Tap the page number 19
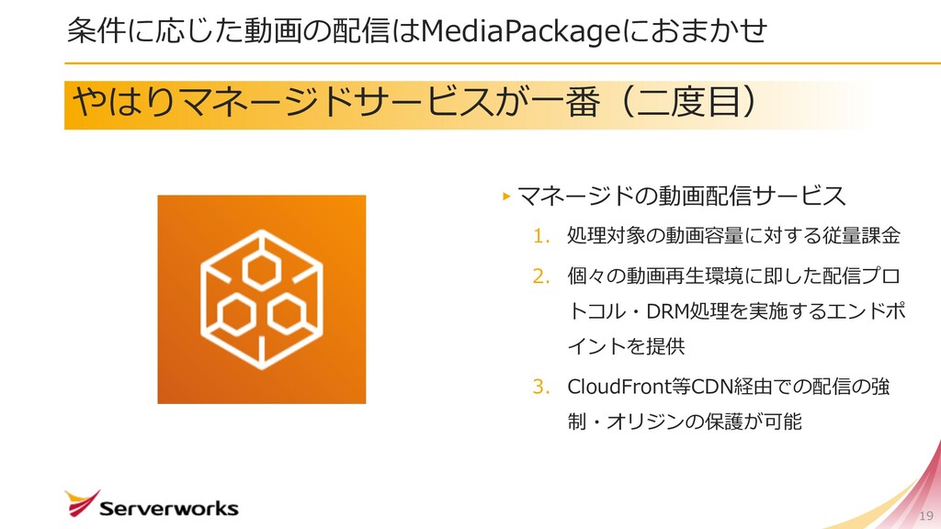(925, 514)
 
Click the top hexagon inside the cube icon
(261, 267)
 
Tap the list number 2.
(540, 275)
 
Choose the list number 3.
(540, 385)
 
